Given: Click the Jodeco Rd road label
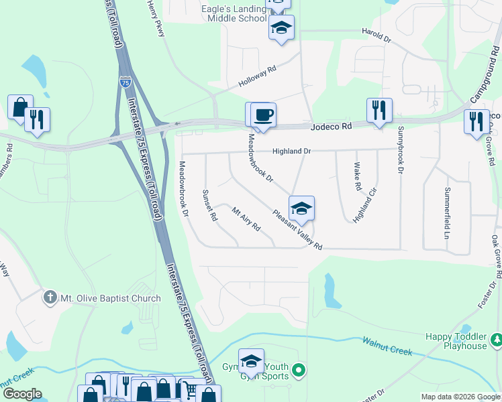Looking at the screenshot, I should point(332,127).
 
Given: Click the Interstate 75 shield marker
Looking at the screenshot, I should point(125,82).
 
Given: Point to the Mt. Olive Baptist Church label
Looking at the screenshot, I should point(111,298).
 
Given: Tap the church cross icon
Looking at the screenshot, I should point(49,297).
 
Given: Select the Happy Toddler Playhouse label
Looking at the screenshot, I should point(456,341).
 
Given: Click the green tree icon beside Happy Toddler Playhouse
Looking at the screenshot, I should point(496,340).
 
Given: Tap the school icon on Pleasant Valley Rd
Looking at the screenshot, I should point(301,208).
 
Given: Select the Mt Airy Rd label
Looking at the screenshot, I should point(246,219).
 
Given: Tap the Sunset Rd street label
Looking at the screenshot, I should point(210,204).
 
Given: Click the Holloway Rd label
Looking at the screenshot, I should point(257,78).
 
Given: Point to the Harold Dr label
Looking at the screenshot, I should point(376,36).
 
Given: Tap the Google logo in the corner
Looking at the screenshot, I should point(21,394).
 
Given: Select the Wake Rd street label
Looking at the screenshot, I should point(357,176).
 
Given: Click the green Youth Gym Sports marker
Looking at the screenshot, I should point(300,368).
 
